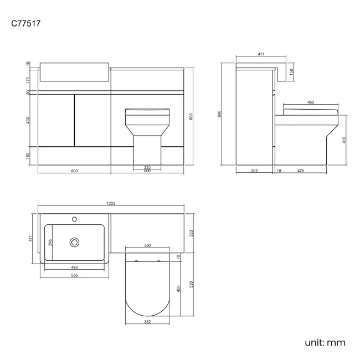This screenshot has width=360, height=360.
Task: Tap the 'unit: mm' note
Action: point(325,342)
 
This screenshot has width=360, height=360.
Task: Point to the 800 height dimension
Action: point(191,116)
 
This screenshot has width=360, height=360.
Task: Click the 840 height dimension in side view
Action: point(220,114)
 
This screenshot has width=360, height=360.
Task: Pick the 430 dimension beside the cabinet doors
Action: point(28,121)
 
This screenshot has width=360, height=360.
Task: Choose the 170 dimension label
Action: point(28,80)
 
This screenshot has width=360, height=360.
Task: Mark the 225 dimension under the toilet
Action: point(147,167)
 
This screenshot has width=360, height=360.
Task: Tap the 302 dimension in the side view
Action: point(254,171)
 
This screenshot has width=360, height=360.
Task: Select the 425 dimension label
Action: point(301,171)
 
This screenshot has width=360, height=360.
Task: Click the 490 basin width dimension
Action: point(74,268)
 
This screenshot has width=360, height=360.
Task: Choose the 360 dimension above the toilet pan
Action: point(147,245)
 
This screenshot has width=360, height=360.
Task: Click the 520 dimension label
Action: point(191,284)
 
